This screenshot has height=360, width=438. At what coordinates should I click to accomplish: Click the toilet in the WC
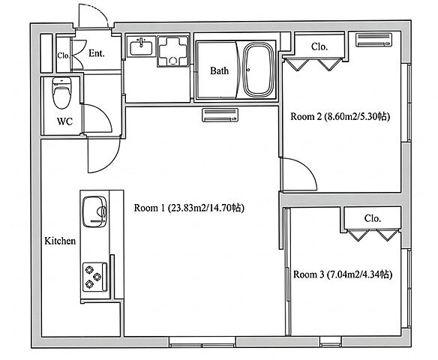61,93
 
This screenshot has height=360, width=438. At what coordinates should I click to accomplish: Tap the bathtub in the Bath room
258,70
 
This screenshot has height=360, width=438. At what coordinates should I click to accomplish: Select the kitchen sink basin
94,211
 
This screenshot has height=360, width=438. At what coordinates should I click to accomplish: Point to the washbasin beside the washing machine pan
141,46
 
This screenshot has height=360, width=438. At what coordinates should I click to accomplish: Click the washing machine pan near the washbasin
173,51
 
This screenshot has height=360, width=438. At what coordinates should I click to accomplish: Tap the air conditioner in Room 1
220,115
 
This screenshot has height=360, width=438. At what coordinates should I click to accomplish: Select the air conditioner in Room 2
373,40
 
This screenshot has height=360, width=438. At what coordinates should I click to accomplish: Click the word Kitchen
60,241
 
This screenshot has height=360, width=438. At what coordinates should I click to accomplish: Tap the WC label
64,121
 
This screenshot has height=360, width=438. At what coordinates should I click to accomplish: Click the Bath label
219,71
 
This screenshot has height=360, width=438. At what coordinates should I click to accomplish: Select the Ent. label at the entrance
97,53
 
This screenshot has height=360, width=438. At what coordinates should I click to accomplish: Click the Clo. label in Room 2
319,46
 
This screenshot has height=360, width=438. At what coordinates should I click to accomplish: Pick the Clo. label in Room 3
373,218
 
